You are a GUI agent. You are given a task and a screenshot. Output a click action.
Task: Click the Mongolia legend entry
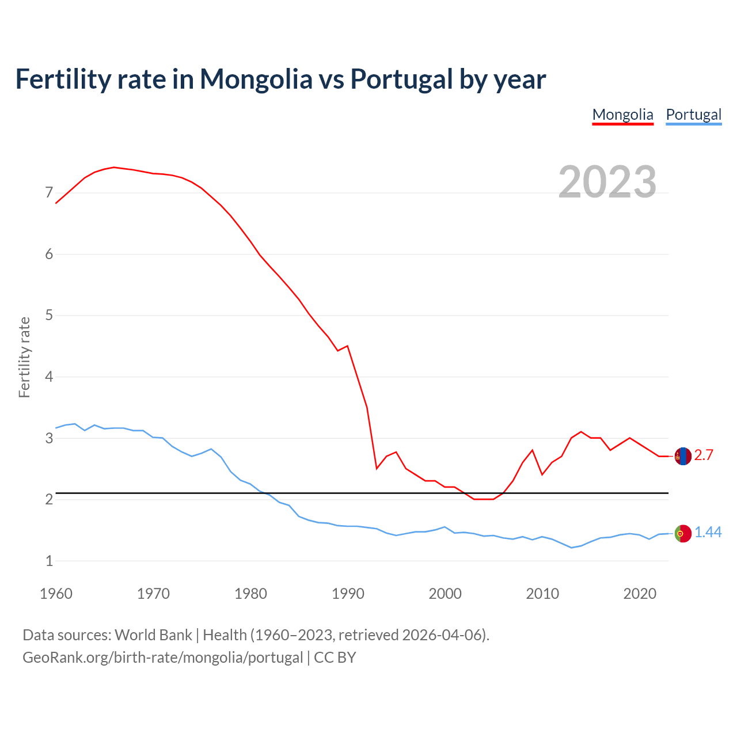coord(622,115)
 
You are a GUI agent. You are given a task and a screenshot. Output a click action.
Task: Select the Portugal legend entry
coord(693,115)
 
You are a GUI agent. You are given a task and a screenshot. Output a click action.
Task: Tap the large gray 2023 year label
coord(607,182)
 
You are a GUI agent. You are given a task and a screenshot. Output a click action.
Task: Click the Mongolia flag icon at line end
coord(682,456)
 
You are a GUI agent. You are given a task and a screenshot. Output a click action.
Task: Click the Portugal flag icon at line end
coord(682,533)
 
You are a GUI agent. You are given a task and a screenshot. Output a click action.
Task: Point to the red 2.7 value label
coord(704,455)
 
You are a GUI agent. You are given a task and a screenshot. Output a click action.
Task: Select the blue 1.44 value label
coord(708,533)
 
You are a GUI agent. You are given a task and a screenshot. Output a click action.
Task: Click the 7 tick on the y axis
coord(49,193)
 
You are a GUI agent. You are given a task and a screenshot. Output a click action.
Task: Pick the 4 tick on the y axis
coord(49,377)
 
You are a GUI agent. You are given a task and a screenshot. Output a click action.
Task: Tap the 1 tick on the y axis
coord(49,561)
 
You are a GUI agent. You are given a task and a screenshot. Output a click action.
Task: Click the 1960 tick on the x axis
coord(56,594)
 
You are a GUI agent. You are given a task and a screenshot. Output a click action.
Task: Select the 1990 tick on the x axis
coord(348,594)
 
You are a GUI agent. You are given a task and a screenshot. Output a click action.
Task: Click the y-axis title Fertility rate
coord(24,357)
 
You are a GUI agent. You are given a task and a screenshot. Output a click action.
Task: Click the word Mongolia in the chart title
coord(256,79)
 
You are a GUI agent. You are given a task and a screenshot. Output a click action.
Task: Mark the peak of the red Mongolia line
coord(113,167)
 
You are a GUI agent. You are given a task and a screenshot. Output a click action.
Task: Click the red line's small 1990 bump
coord(347,346)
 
